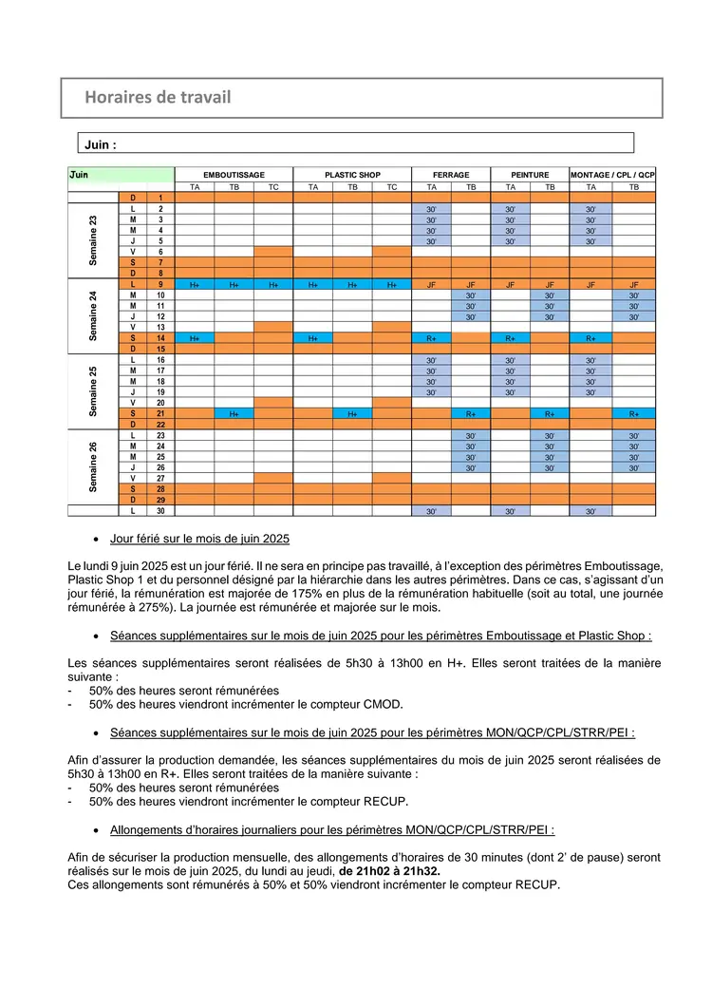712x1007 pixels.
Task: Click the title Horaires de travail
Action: pyautogui.click(x=158, y=97)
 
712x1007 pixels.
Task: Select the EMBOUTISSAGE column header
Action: pyautogui.click(x=234, y=176)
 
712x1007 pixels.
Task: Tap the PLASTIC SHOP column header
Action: pyautogui.click(x=352, y=176)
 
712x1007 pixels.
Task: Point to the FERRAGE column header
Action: pyautogui.click(x=450, y=176)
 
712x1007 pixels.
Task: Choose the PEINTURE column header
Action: pyautogui.click(x=530, y=176)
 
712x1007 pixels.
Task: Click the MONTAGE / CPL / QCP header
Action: pyautogui.click(x=612, y=176)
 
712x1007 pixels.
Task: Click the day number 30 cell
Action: pyautogui.click(x=160, y=511)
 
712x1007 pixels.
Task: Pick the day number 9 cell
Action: pyautogui.click(x=160, y=284)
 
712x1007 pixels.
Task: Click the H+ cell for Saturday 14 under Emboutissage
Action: pyautogui.click(x=195, y=337)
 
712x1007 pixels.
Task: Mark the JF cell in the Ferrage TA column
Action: pyautogui.click(x=431, y=284)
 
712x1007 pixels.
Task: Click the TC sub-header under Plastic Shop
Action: pyautogui.click(x=391, y=187)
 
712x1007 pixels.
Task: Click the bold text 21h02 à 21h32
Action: pyautogui.click(x=390, y=871)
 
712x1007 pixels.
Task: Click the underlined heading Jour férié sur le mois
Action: pyautogui.click(x=199, y=539)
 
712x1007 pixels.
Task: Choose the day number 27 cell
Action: pyautogui.click(x=160, y=478)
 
